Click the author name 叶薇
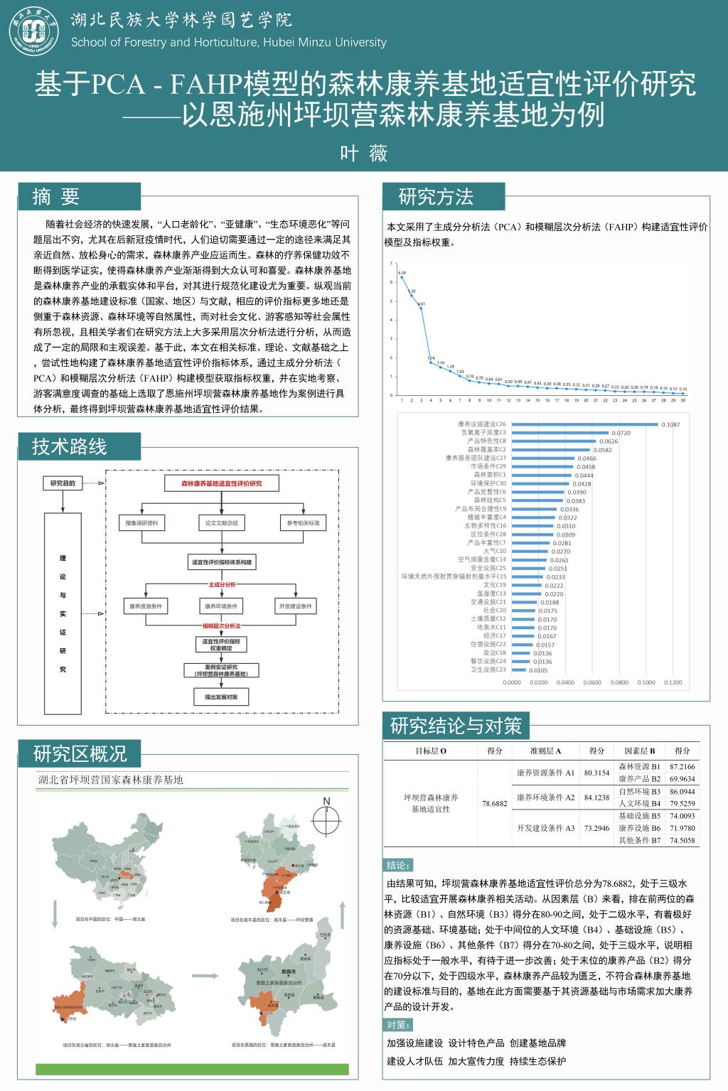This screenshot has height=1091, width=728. click(363, 153)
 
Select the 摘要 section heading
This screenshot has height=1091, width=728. click(56, 197)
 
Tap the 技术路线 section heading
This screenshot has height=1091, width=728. click(69, 446)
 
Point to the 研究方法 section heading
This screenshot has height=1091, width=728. click(436, 197)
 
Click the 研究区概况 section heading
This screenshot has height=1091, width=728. click(80, 753)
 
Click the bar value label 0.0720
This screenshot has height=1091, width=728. click(621, 433)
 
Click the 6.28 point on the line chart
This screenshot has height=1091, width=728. click(402, 276)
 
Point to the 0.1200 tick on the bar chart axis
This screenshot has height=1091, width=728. click(673, 682)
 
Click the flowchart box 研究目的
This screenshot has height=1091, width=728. click(63, 483)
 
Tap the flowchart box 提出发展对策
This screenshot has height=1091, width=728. click(221, 697)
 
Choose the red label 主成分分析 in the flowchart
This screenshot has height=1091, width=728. click(221, 584)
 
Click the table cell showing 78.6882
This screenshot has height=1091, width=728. click(494, 804)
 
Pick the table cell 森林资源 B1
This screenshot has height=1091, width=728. click(639, 767)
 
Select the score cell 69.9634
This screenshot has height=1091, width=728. click(682, 779)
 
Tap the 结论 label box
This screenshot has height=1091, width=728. click(397, 865)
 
